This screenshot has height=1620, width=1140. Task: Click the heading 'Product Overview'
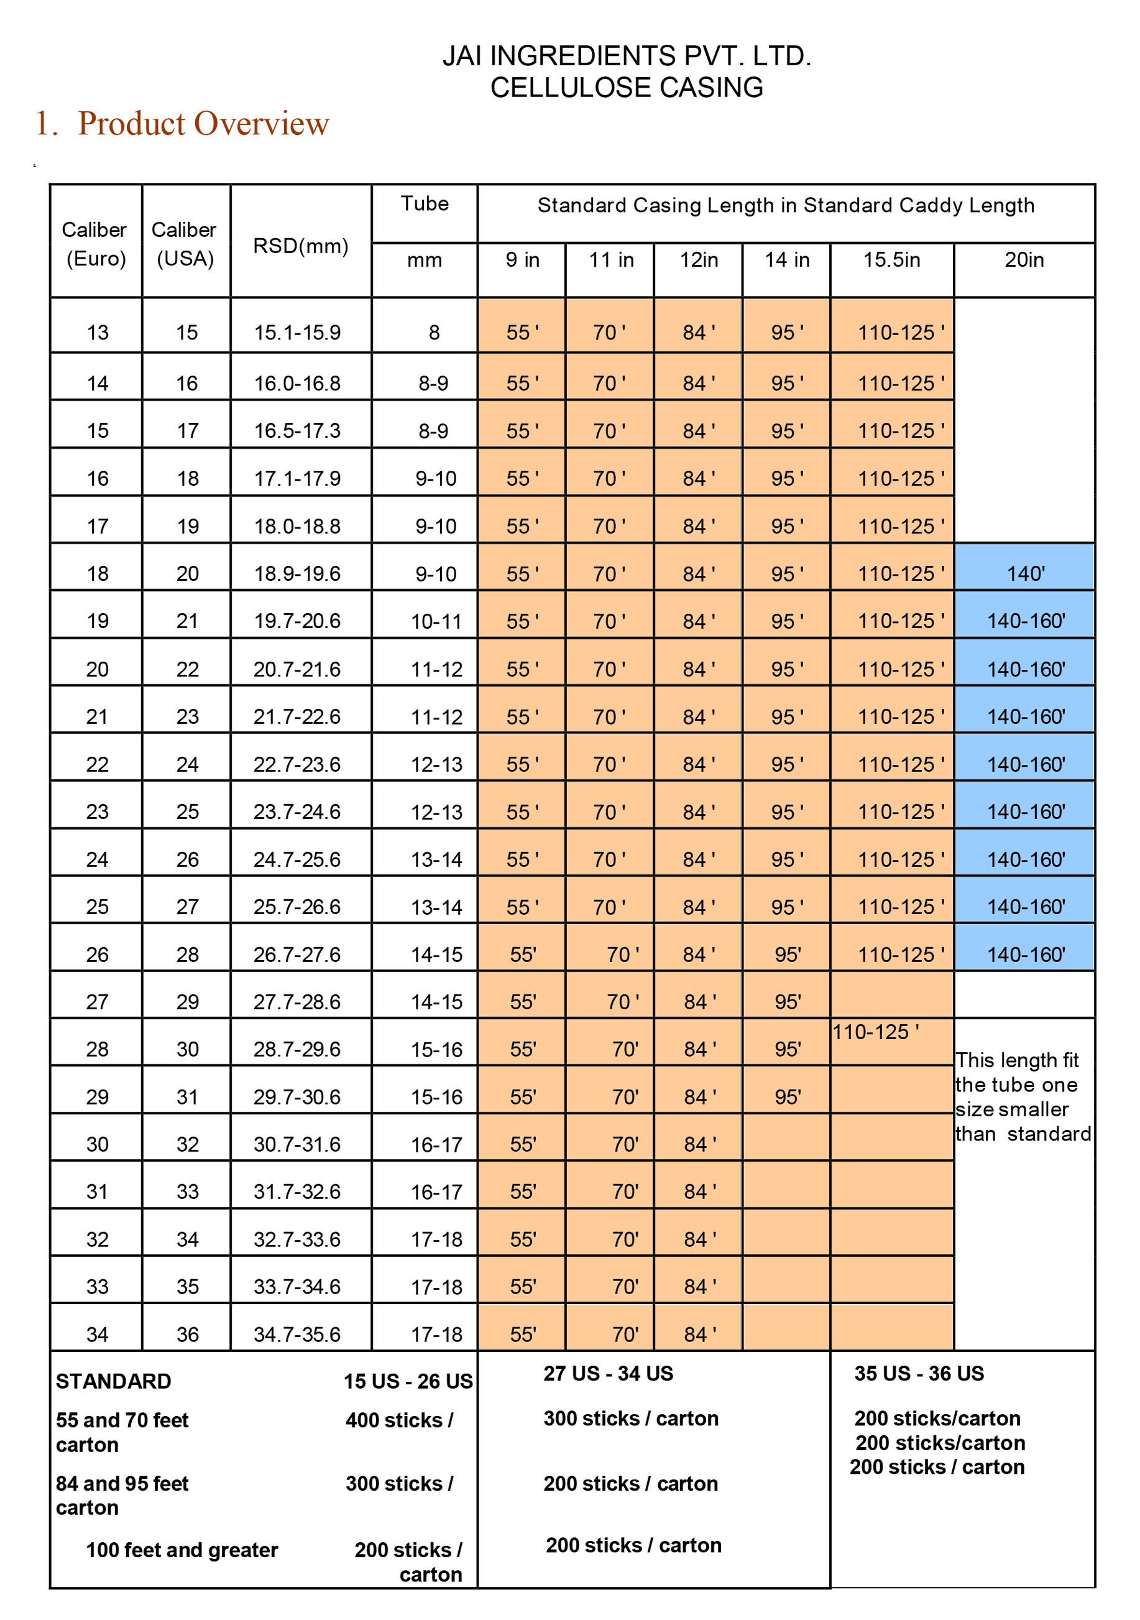point(203,124)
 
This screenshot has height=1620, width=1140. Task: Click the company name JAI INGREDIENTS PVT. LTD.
point(627,56)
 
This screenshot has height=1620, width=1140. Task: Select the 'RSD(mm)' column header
point(300,246)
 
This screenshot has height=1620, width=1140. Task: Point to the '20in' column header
point(1024,260)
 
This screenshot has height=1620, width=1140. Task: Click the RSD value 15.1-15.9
point(297,332)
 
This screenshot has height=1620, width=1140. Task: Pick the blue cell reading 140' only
point(1025,573)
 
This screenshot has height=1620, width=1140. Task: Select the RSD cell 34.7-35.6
point(297,1334)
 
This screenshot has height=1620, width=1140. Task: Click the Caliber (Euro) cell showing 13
point(98,332)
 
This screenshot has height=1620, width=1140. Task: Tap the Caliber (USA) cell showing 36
point(187,1334)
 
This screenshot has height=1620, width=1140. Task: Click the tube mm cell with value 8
point(434,332)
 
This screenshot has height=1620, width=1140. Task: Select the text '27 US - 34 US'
point(608,1373)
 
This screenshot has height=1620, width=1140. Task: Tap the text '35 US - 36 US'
point(919,1373)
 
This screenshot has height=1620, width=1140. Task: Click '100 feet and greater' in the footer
point(182,1550)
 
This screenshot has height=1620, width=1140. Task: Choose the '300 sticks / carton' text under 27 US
point(631,1419)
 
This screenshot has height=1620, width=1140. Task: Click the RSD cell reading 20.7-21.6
point(297,669)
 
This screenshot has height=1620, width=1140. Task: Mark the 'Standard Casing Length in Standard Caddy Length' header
point(786,205)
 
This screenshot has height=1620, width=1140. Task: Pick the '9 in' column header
point(522,260)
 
